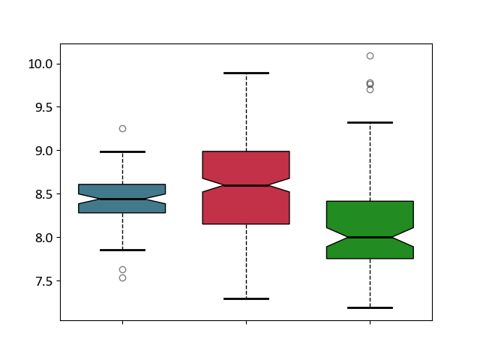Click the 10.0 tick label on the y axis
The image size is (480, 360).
(x=40, y=64)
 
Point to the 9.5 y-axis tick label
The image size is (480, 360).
(x=44, y=107)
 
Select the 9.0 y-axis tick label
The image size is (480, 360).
(x=44, y=151)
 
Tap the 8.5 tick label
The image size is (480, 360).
(x=44, y=194)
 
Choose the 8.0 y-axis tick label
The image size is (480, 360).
(x=44, y=238)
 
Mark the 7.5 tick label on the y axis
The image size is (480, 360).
(x=44, y=281)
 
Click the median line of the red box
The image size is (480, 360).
(x=246, y=185)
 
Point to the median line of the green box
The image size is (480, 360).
(x=370, y=237)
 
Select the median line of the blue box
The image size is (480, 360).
(x=122, y=199)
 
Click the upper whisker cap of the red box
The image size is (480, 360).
(x=246, y=73)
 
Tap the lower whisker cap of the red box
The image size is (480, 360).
(x=246, y=298)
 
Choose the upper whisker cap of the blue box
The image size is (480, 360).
(x=122, y=151)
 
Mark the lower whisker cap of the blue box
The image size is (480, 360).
(x=122, y=250)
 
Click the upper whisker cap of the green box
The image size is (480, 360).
(x=370, y=122)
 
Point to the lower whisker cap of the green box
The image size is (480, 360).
(x=370, y=307)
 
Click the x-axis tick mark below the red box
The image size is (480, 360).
(x=246, y=322)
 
